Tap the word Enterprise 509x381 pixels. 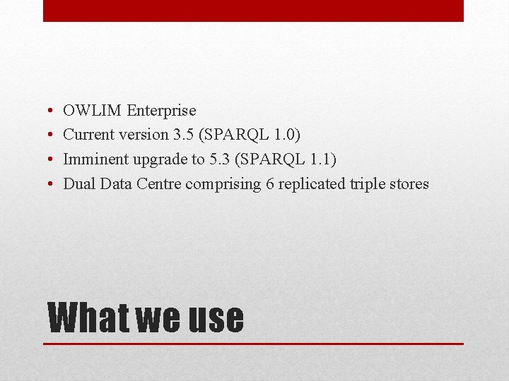(x=161, y=111)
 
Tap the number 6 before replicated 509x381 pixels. (x=271, y=184)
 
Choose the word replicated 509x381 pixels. (x=312, y=185)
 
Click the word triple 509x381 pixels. (x=368, y=185)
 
